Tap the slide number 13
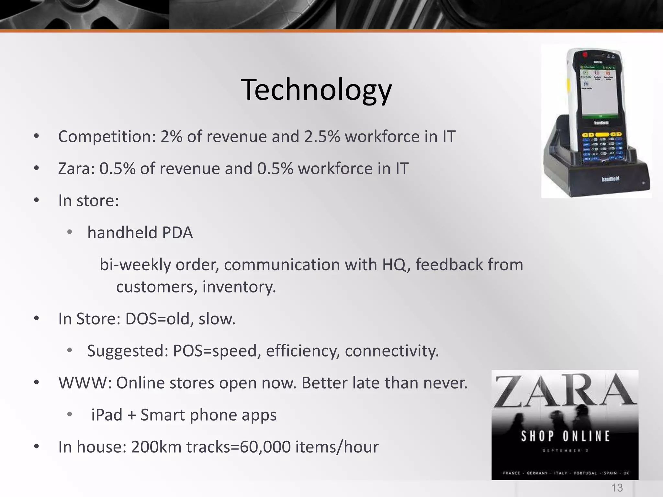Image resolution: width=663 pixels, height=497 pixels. click(617, 487)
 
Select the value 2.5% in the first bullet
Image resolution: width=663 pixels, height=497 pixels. click(321, 137)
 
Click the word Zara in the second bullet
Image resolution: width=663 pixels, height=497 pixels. click(74, 169)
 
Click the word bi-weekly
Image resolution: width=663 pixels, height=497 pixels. click(135, 265)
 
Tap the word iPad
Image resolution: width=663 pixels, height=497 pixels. click(107, 415)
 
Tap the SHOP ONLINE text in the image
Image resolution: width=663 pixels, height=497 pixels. click(565, 436)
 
